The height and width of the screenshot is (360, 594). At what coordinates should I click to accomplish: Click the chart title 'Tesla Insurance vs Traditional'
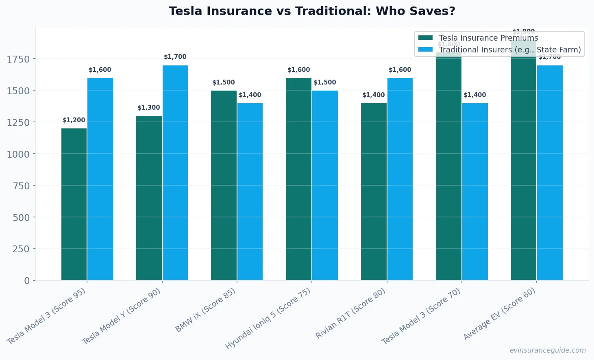(312, 11)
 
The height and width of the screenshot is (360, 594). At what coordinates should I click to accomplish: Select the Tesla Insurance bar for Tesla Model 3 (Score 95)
(74, 204)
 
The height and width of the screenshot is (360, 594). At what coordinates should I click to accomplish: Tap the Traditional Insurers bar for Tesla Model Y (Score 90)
(175, 173)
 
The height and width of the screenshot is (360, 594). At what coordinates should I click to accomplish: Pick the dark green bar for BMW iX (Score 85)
(224, 185)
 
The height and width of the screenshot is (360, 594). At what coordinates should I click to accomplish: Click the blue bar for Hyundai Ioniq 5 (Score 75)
(325, 185)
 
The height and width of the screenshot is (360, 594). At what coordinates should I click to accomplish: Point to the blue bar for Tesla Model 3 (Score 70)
(475, 192)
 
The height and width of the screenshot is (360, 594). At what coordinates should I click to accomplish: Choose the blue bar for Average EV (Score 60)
(550, 173)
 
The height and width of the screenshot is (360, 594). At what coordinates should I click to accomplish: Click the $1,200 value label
(74, 120)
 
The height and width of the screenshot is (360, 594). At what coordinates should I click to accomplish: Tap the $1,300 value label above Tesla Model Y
(149, 108)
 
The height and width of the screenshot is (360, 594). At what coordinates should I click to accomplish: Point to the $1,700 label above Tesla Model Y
(175, 57)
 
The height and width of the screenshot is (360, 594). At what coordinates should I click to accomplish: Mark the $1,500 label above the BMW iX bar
(224, 82)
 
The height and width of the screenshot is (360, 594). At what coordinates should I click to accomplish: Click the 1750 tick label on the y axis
(18, 59)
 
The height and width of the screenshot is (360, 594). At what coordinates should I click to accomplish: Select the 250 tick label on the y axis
(21, 249)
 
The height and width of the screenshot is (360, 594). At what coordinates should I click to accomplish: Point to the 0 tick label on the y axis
(27, 281)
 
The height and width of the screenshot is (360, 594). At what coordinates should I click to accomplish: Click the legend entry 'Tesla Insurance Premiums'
(488, 38)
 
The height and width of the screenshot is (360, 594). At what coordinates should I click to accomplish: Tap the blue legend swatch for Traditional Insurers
(426, 50)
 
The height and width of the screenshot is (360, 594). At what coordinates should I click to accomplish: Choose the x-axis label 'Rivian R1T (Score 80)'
(350, 314)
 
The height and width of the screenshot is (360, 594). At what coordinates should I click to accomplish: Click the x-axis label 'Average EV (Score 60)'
(500, 314)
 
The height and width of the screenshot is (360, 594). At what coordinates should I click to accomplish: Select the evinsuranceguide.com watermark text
(548, 350)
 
